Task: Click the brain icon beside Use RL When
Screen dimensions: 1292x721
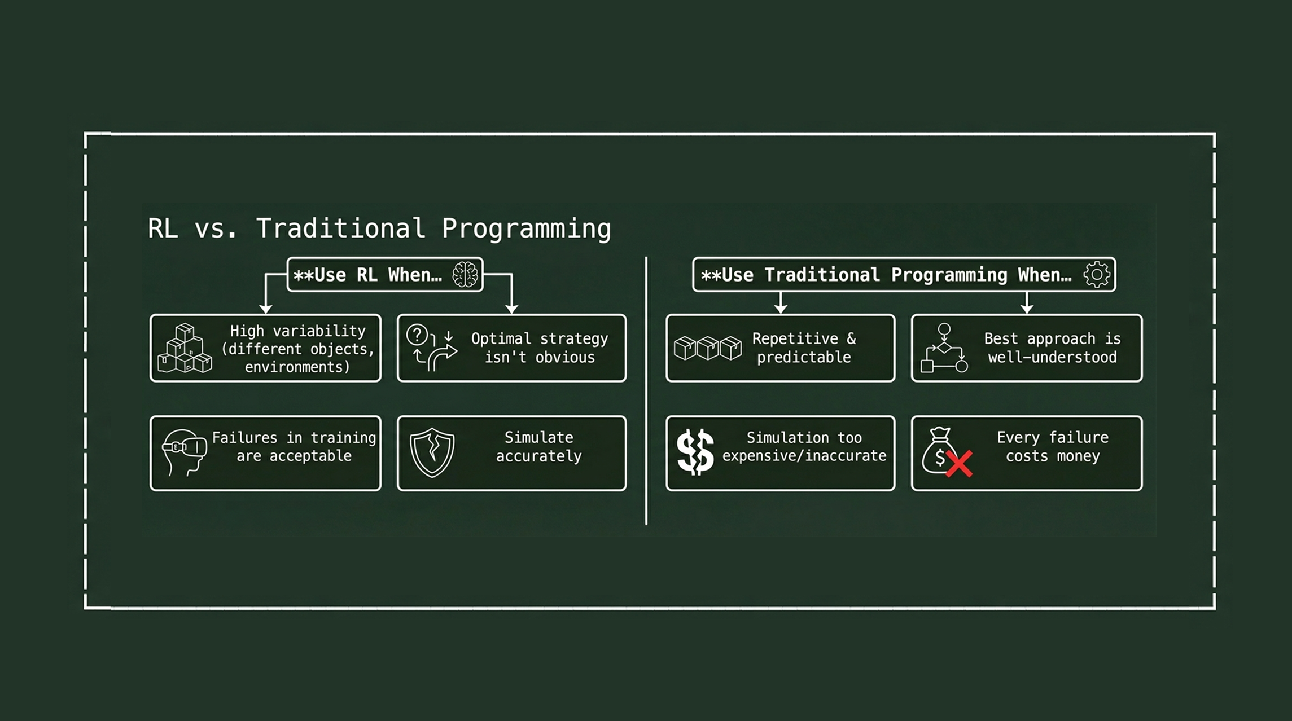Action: (465, 275)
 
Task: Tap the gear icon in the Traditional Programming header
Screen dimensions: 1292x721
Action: (1097, 275)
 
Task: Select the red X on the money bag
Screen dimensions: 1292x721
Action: (959, 464)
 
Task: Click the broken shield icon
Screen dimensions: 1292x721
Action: (432, 453)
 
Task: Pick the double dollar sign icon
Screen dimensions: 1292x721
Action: (696, 452)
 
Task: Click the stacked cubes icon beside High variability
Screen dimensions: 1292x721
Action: (185, 349)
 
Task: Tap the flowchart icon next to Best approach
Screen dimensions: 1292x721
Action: (944, 348)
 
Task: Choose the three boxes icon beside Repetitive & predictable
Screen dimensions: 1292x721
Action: (708, 348)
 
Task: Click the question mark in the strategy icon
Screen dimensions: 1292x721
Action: (417, 335)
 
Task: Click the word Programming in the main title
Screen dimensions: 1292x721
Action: (526, 229)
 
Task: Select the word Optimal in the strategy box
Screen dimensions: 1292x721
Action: (501, 338)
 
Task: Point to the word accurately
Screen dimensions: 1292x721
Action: (539, 456)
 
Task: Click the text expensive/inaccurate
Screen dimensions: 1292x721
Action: (804, 456)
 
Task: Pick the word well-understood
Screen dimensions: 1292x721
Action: (1052, 357)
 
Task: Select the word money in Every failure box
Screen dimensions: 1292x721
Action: (1078, 456)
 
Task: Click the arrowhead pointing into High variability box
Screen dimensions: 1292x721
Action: (265, 309)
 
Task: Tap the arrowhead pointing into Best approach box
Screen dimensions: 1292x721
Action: (1027, 309)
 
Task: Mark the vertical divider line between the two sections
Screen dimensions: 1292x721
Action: (646, 391)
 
